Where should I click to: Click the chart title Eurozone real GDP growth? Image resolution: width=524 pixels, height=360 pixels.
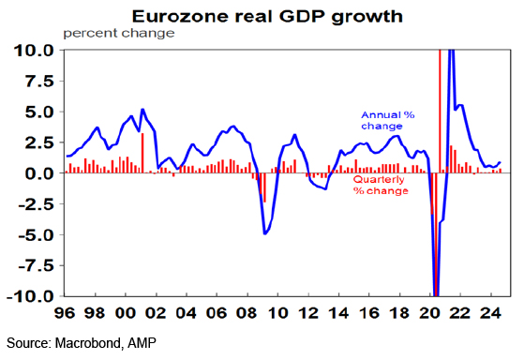click(x=267, y=16)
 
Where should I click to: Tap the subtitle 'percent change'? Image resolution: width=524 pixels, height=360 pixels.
click(x=119, y=34)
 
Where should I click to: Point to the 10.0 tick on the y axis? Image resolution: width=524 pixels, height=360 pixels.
click(x=34, y=51)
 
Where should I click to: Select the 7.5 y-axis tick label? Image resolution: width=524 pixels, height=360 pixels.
click(x=39, y=82)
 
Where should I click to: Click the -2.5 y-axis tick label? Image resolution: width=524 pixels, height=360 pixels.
click(x=37, y=204)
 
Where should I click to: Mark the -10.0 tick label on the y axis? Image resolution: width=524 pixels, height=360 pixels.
click(x=30, y=296)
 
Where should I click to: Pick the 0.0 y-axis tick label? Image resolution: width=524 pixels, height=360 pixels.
click(x=39, y=173)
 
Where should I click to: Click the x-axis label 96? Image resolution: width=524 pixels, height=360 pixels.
click(x=65, y=313)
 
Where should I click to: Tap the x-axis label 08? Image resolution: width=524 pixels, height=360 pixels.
click(x=247, y=313)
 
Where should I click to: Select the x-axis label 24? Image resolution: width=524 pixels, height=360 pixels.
click(x=490, y=313)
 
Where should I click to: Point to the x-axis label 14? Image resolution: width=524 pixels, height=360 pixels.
click(x=338, y=313)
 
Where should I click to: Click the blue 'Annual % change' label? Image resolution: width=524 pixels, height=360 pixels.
click(x=388, y=120)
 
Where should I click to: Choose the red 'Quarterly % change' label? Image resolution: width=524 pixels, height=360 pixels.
click(x=381, y=185)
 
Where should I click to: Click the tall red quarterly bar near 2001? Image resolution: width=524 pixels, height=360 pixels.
click(x=142, y=153)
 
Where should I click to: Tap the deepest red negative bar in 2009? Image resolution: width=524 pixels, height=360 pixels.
click(x=264, y=187)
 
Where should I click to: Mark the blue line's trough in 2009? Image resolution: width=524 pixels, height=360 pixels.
click(x=264, y=233)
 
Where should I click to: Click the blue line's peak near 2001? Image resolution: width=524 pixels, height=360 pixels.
click(x=142, y=110)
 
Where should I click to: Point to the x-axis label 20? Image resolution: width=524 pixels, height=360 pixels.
click(x=429, y=313)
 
